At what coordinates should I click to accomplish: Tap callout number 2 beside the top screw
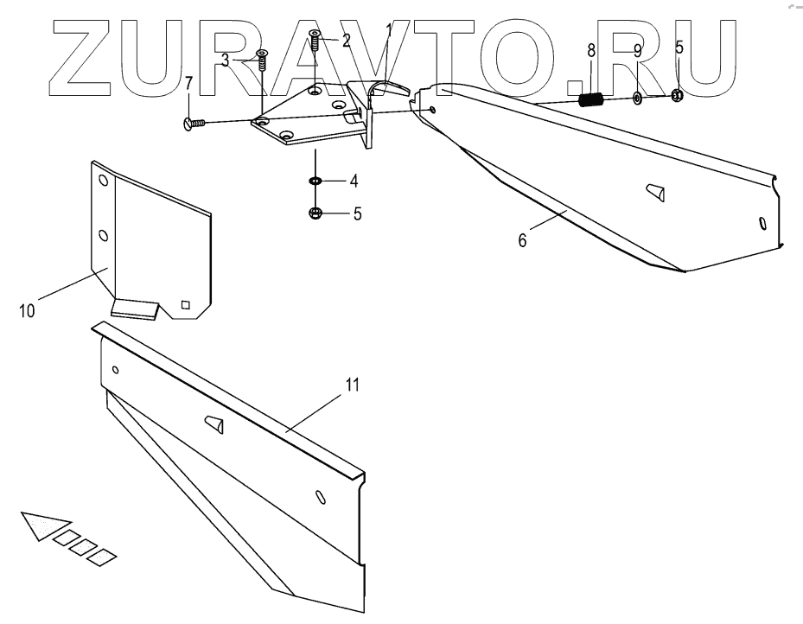point(345,40)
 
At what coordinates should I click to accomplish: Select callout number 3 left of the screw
point(225,60)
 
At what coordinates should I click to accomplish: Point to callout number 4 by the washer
point(354,181)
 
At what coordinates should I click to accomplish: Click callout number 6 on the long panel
point(521,240)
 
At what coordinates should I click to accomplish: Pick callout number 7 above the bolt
point(188,85)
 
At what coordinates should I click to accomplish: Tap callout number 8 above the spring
point(591,51)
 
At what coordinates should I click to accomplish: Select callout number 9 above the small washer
point(637,51)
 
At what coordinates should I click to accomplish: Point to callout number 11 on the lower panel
point(352,385)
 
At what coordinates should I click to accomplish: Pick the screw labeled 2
point(315,40)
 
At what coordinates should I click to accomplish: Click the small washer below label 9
point(637,98)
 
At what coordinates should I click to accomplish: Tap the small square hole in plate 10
point(185,303)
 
